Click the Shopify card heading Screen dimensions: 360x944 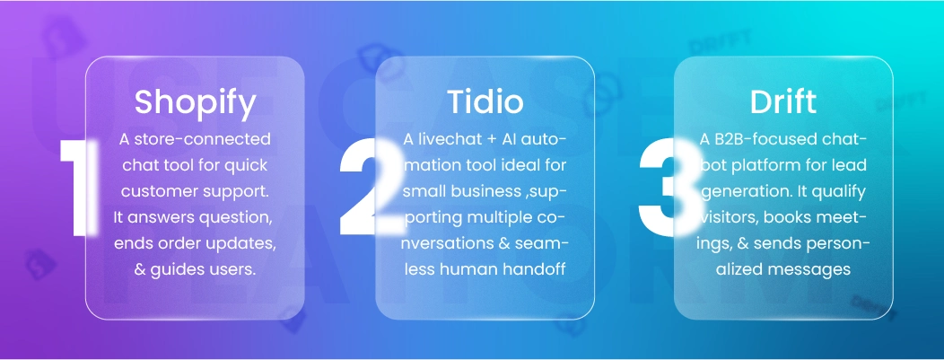(195, 102)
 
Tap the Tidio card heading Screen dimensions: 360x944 (485, 102)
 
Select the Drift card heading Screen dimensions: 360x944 (783, 102)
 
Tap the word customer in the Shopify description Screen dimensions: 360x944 (162, 192)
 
